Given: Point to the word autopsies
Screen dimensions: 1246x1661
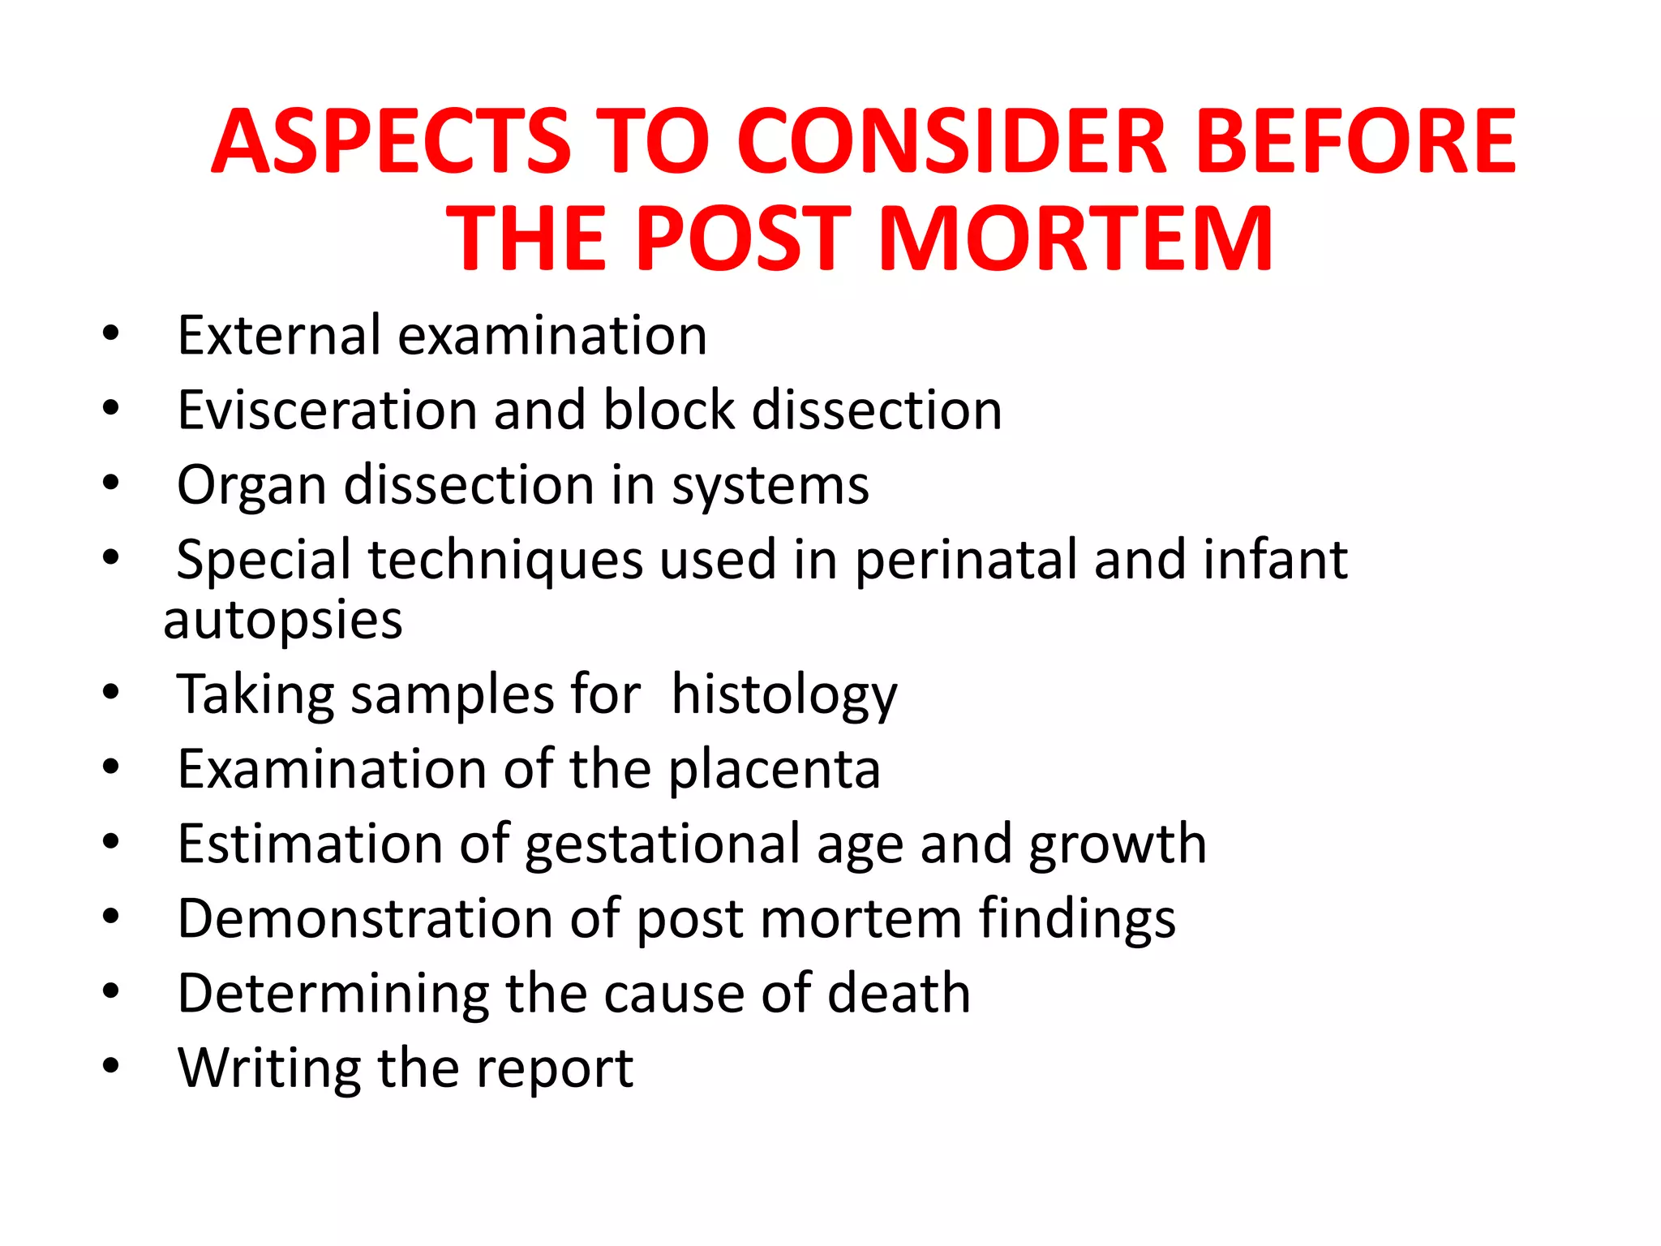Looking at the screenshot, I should point(283,621).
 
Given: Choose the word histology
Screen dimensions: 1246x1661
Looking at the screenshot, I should point(784,696).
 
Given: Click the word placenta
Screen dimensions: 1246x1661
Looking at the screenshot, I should point(775,769).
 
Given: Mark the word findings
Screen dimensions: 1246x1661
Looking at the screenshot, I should point(1077,920).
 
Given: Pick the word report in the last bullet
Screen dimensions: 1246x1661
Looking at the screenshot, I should point(555,1069).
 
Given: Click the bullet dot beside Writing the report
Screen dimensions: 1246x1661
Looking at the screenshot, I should point(111,1066).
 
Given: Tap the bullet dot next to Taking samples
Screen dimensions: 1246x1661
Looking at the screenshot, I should point(111,693).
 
